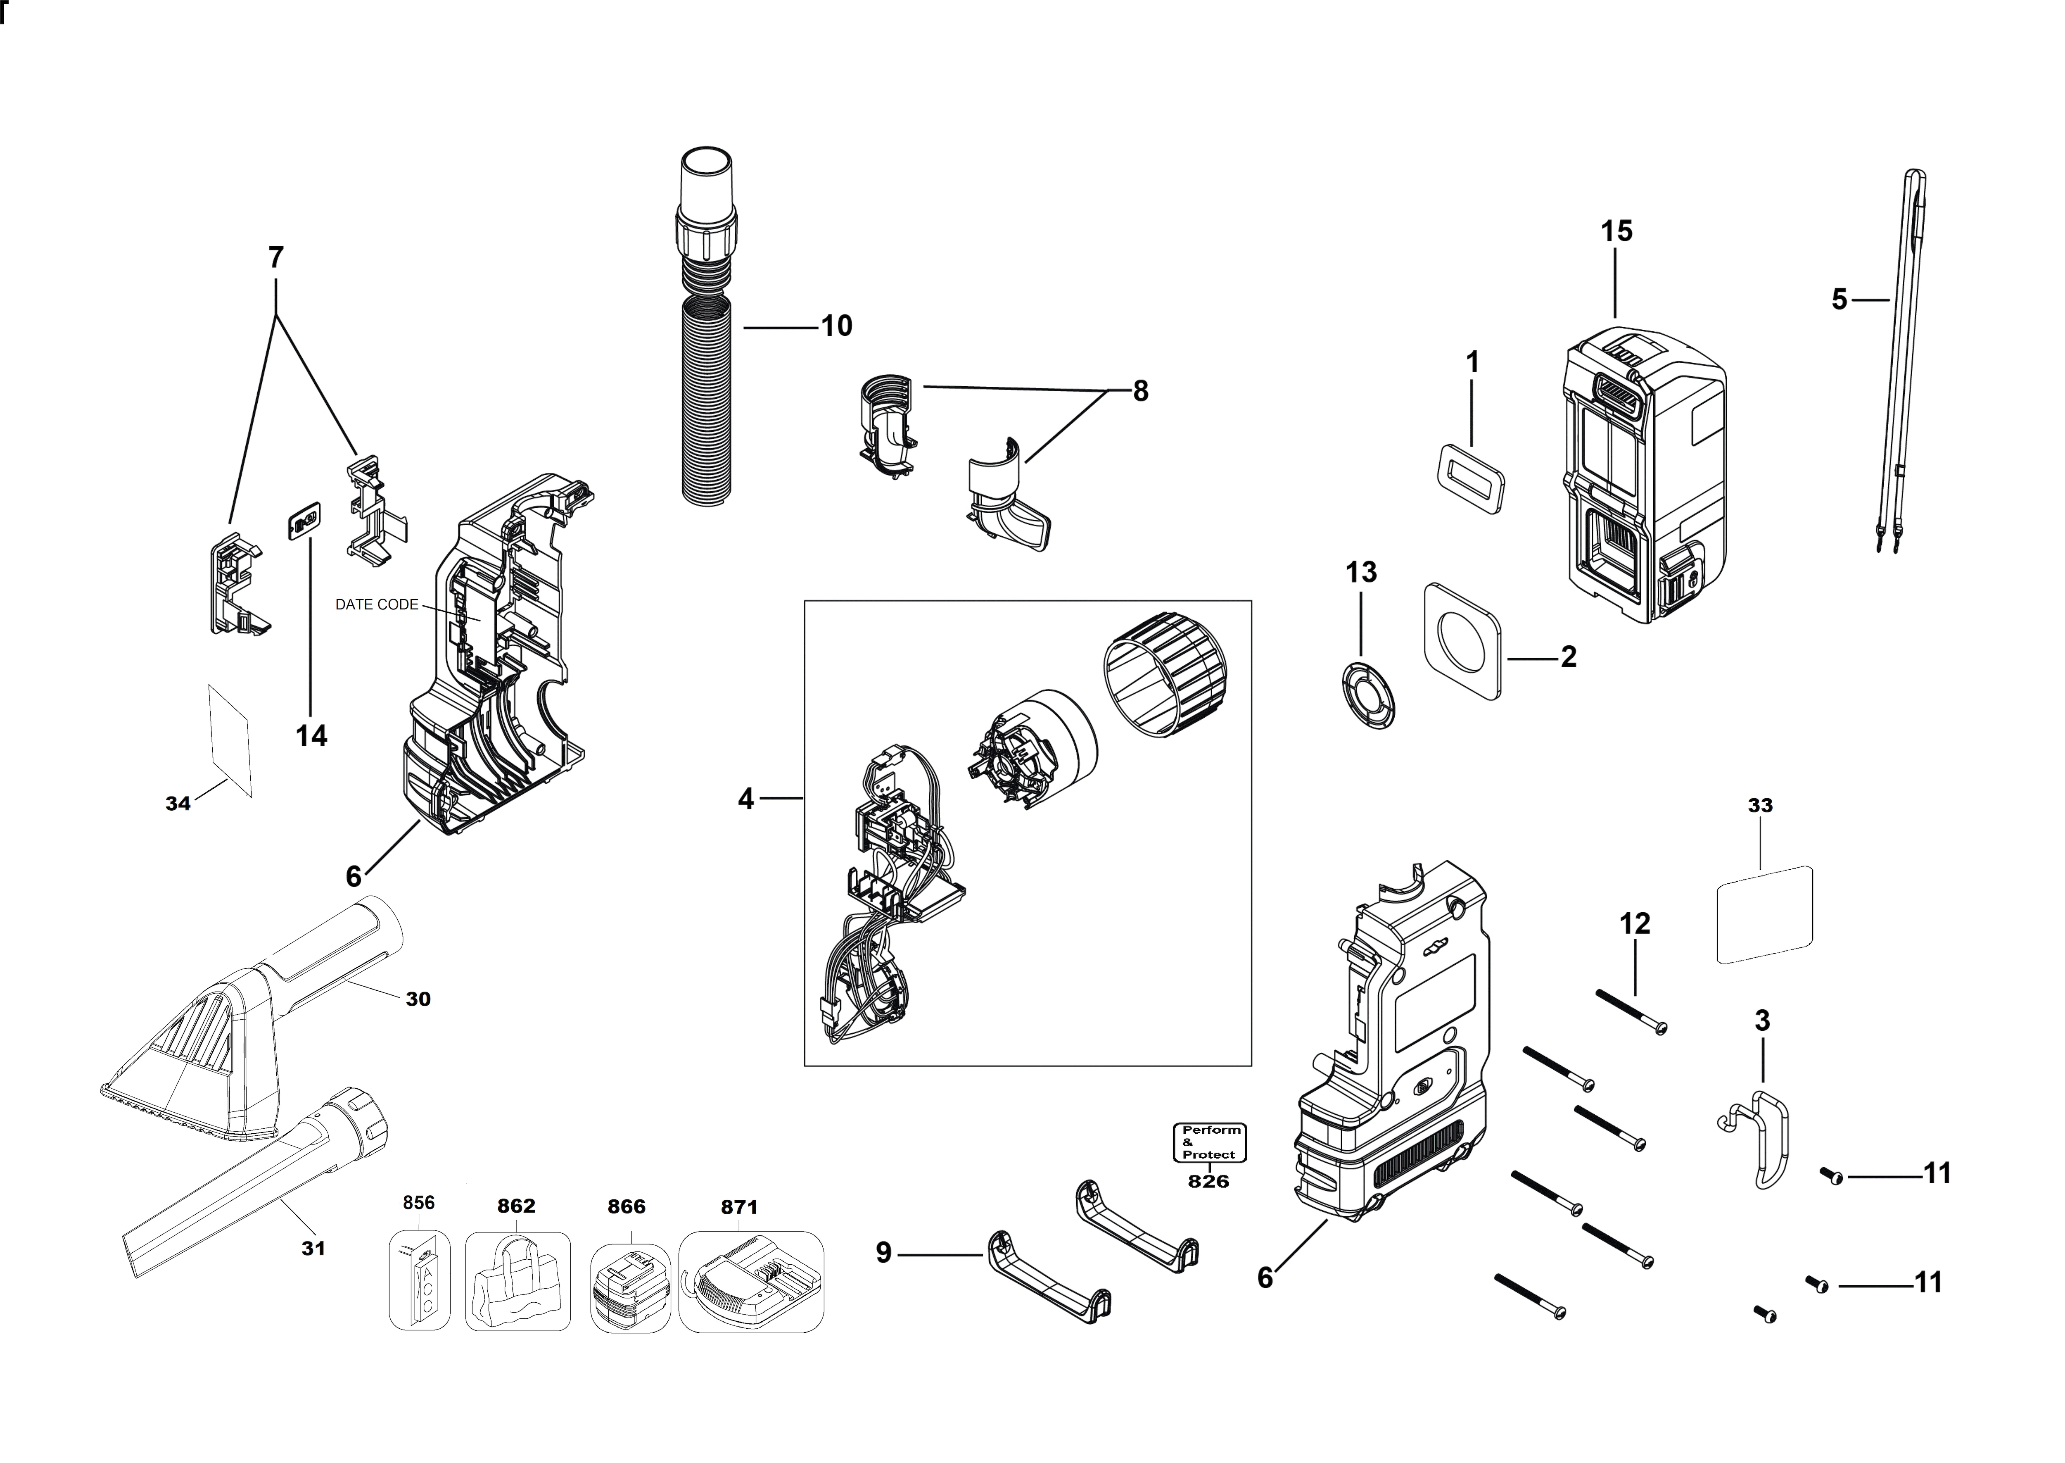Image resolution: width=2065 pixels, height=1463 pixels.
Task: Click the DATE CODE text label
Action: pos(376,604)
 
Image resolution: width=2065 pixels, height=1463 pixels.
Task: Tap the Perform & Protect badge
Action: pos(1209,1142)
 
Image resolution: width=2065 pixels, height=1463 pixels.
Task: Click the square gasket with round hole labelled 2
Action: pos(1463,641)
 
